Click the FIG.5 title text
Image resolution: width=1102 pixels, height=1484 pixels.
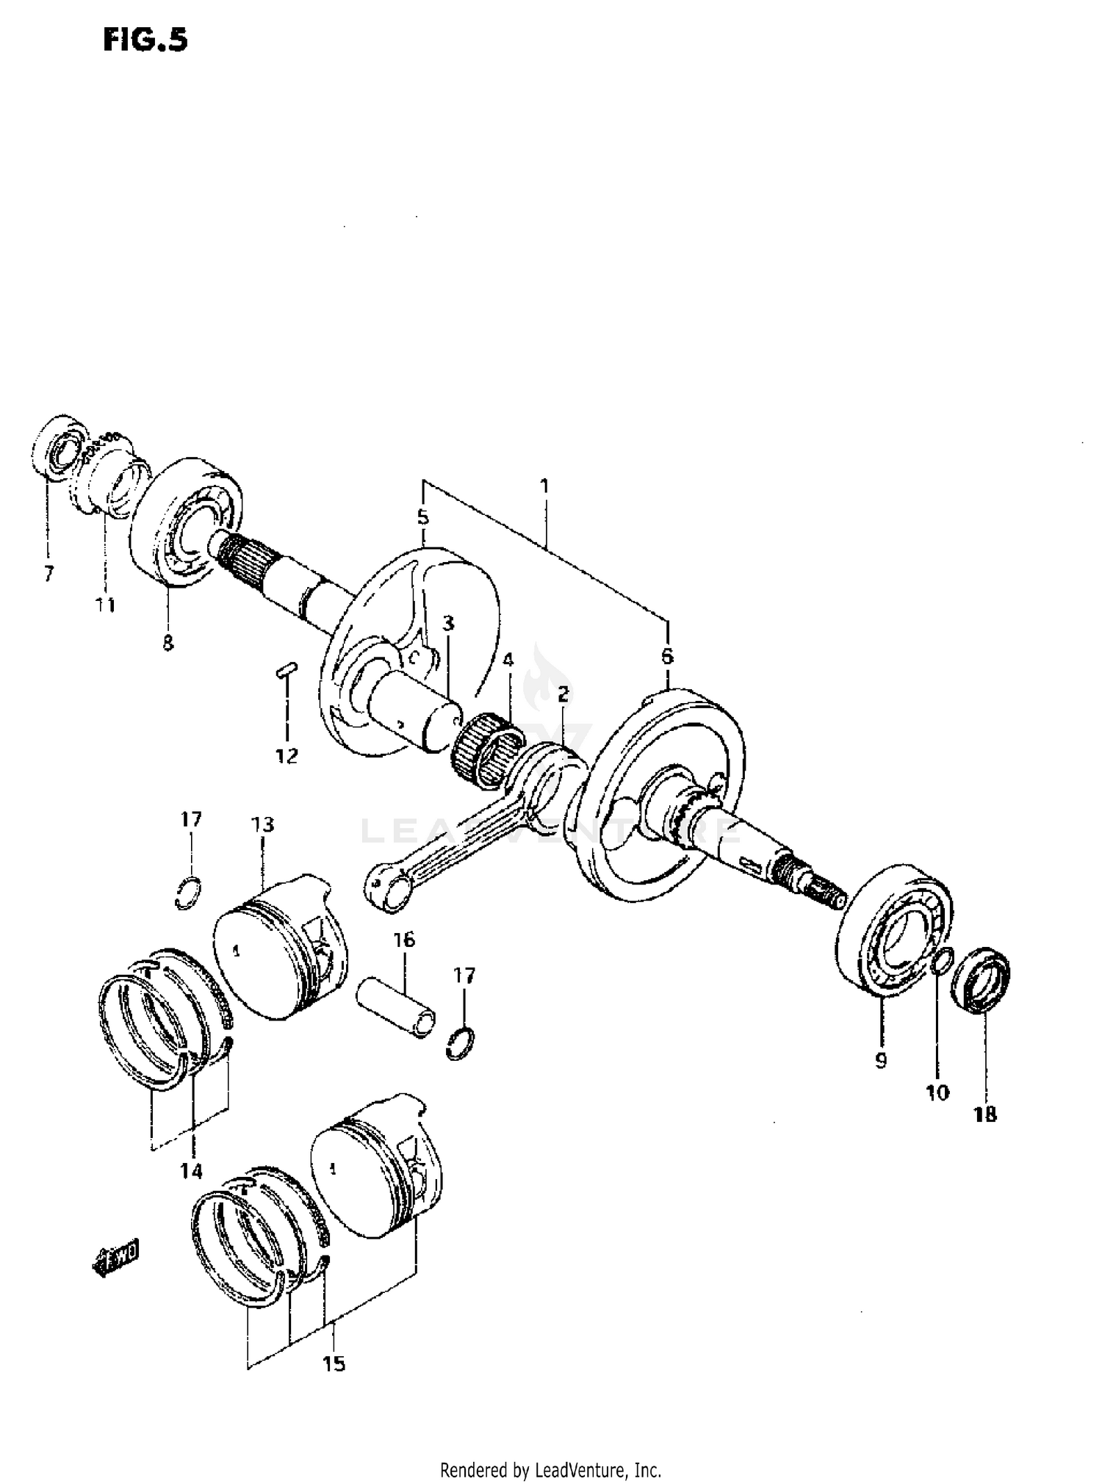pos(145,40)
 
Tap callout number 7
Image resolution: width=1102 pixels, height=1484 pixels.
pos(48,574)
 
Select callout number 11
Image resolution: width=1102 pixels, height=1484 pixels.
pos(105,605)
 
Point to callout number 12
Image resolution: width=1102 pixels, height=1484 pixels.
pos(287,756)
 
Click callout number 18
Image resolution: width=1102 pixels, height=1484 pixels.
pos(985,1114)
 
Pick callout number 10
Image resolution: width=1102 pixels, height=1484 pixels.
pos(937,1092)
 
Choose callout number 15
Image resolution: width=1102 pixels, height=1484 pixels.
pos(334,1364)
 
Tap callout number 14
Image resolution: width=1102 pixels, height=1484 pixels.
pos(191,1171)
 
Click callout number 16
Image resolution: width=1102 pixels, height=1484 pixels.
pos(404,940)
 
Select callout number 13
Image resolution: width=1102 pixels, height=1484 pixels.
pos(262,824)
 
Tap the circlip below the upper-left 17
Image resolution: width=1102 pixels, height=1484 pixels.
pos(190,893)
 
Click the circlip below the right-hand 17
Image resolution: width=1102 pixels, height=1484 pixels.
pos(461,1043)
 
